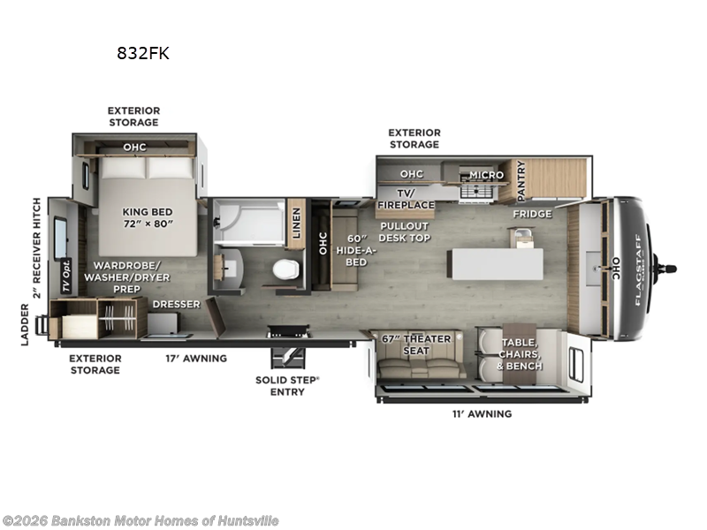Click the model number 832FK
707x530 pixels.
(x=142, y=53)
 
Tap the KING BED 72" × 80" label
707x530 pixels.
(x=147, y=218)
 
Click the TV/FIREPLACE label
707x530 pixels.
(x=406, y=199)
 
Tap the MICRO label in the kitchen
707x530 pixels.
(x=486, y=175)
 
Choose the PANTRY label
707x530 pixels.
(x=521, y=179)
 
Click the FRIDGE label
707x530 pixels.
(x=533, y=214)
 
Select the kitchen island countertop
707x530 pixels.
(x=496, y=262)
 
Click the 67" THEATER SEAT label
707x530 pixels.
(x=416, y=344)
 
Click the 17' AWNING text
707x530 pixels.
(x=197, y=358)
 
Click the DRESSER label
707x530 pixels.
(x=176, y=304)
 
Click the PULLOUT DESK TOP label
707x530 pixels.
(x=405, y=231)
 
